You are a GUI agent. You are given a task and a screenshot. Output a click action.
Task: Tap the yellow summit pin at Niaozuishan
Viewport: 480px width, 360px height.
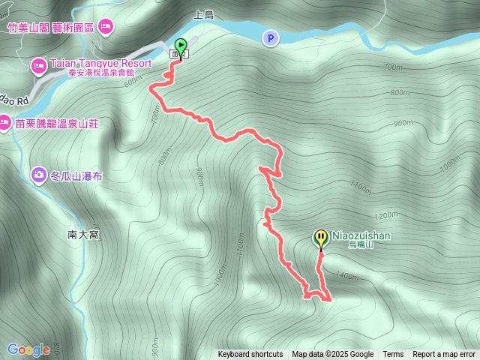[x=321, y=238]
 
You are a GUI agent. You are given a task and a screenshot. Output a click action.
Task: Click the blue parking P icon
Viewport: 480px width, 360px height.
[x=269, y=37]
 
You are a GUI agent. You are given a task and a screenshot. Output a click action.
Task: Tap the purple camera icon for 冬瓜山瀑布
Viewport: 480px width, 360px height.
[x=38, y=175]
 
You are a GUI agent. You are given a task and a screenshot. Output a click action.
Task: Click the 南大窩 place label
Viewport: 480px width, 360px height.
[x=83, y=235]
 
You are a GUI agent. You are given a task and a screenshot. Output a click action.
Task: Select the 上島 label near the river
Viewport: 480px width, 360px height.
[x=204, y=14]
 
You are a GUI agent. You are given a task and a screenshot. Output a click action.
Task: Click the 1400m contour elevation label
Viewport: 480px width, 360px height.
[x=347, y=276]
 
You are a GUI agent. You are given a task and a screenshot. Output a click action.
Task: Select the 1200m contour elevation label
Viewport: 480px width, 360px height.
[x=385, y=215]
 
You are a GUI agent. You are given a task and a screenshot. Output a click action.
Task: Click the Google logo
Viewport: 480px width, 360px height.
[x=28, y=349]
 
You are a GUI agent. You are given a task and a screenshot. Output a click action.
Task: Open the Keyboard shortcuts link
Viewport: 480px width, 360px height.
[x=250, y=355]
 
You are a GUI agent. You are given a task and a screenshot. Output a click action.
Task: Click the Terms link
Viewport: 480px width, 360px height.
[x=393, y=355]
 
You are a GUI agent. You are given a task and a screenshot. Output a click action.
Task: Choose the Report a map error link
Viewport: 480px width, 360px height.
[x=444, y=355]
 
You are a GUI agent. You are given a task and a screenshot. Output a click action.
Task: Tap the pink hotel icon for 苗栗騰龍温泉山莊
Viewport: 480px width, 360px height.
[x=4, y=122]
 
